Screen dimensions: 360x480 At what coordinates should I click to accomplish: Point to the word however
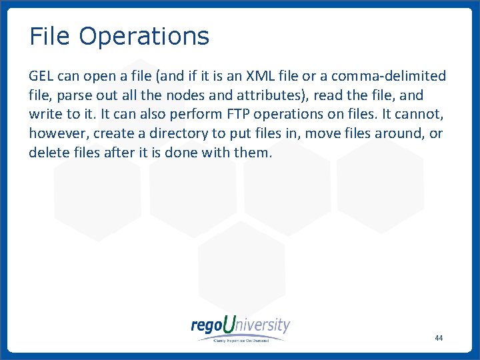(x=58, y=133)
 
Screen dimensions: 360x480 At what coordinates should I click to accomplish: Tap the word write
(x=46, y=114)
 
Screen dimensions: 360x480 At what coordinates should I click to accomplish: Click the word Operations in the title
(x=143, y=37)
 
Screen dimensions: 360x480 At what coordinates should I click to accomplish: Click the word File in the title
(x=50, y=37)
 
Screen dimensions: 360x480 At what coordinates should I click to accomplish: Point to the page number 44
(x=438, y=338)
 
